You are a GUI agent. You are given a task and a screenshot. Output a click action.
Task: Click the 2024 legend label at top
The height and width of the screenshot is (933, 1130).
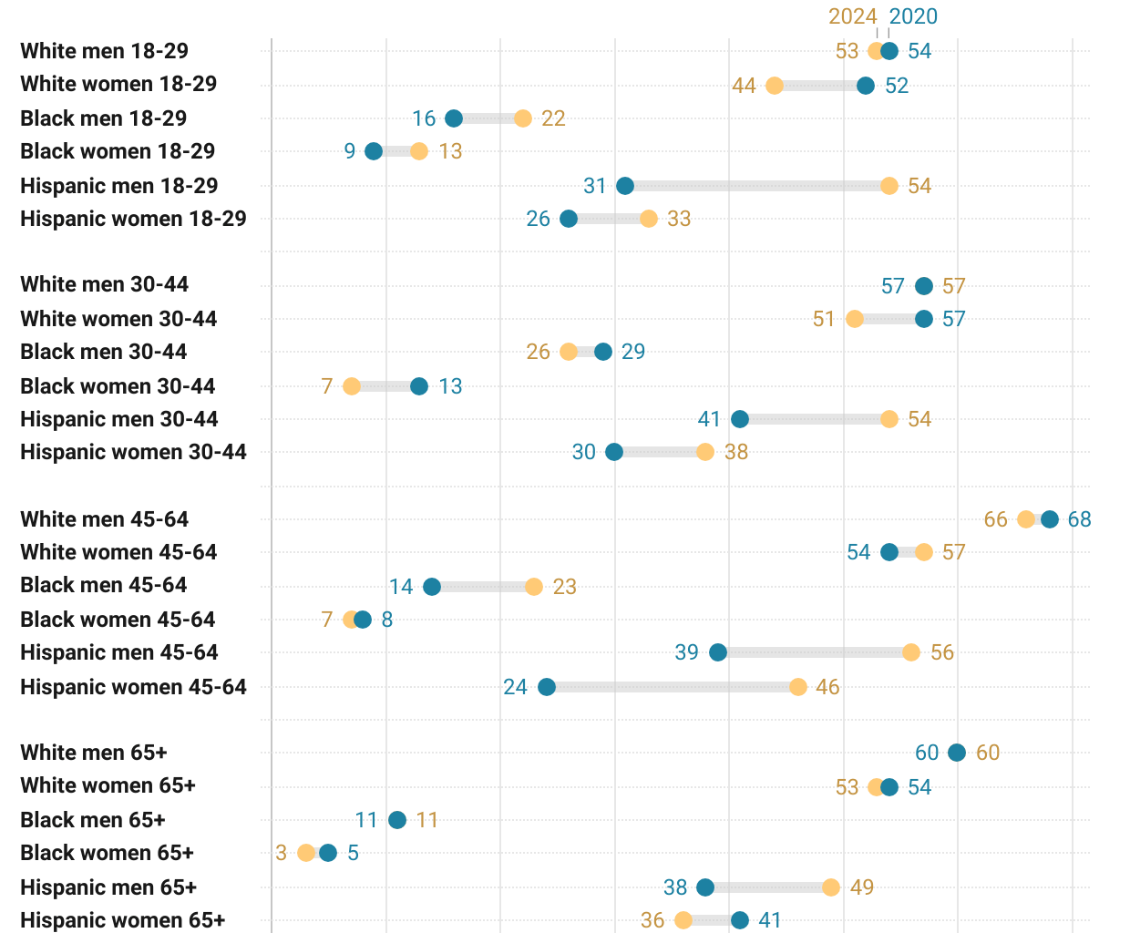coord(852,16)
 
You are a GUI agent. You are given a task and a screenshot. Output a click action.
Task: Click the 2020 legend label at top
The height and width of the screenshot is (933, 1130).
coord(913,16)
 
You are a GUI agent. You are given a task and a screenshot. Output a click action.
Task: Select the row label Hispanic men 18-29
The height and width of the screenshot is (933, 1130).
coord(119,186)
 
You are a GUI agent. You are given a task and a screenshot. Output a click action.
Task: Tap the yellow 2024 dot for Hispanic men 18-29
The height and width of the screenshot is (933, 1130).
coord(889,186)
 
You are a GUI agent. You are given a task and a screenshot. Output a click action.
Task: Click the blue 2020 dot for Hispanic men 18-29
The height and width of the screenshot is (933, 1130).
coord(625,186)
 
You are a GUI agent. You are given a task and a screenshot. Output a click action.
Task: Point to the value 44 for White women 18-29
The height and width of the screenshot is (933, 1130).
coord(744,86)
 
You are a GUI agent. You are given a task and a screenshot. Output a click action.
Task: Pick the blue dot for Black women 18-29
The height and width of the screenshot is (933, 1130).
coord(374,151)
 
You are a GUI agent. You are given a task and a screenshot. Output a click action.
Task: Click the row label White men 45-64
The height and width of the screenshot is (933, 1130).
coord(105,519)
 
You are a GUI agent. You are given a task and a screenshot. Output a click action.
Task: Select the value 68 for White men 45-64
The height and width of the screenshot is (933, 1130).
coord(1079,519)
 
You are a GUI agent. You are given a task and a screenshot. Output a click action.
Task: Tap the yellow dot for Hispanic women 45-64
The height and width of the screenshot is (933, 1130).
coord(798,687)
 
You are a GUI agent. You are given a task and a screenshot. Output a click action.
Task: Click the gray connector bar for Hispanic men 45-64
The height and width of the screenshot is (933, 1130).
coord(815,652)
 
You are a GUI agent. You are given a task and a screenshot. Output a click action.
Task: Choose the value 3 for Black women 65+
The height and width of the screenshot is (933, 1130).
coord(281,853)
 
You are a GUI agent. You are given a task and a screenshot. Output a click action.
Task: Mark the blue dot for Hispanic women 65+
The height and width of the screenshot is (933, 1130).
coord(740,920)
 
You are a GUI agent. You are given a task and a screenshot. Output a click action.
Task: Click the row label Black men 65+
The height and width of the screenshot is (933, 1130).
coord(93,820)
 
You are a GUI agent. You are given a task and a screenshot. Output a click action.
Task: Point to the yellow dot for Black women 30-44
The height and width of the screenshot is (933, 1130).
coord(352,386)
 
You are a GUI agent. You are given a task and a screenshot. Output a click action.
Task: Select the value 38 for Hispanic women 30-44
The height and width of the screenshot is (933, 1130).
coord(735,452)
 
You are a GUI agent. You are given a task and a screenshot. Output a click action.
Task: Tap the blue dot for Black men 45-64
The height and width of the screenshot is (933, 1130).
coord(432,587)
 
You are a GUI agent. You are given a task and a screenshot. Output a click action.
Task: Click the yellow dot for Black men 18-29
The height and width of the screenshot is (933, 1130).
coord(523,118)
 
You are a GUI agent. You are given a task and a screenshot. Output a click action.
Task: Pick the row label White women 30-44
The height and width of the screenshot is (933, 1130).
coord(118,319)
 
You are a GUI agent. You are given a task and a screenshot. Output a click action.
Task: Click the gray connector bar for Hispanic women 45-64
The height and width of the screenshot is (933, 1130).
coord(673,687)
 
